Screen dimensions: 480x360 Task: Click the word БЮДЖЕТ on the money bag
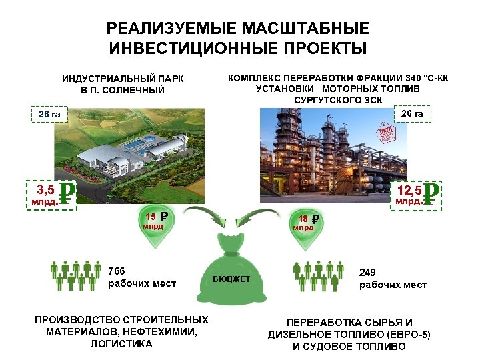[231, 279]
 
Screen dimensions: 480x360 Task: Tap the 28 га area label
[49, 115]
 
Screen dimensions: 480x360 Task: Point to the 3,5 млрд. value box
[51, 194]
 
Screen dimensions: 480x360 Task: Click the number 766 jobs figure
[117, 271]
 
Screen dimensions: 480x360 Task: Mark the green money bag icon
[231, 270]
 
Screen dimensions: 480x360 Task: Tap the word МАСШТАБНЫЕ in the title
[300, 29]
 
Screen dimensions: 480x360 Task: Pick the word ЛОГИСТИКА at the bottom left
[121, 344]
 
